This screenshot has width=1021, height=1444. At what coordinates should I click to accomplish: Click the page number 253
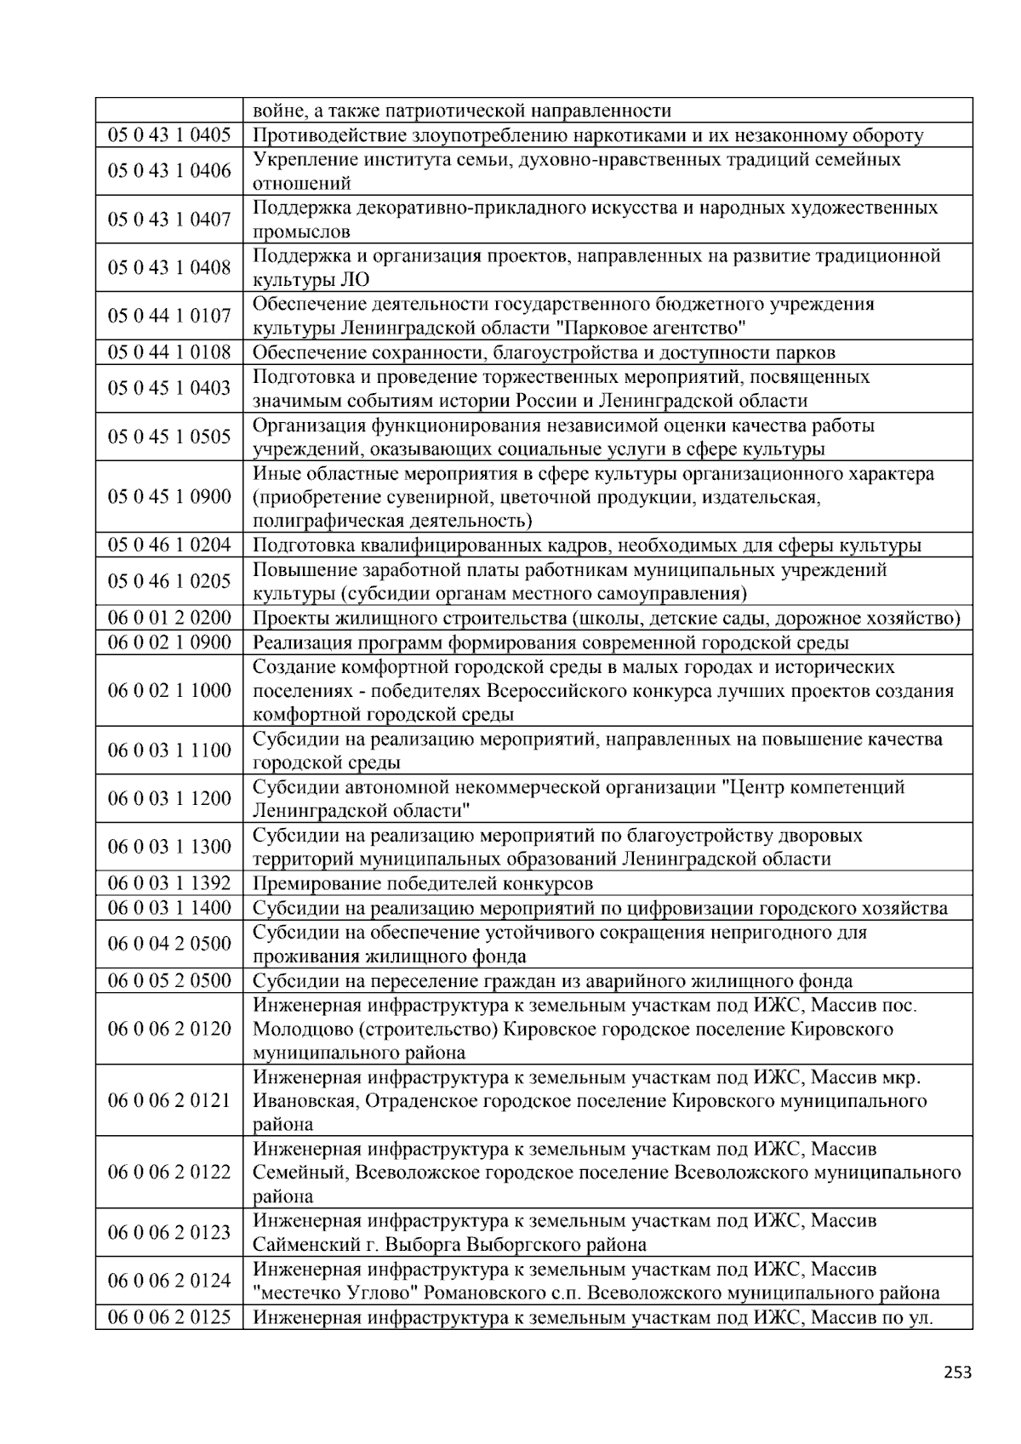957,1372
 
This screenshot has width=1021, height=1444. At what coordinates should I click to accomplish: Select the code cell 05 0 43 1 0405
169,135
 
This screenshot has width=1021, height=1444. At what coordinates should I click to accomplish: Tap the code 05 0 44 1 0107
169,317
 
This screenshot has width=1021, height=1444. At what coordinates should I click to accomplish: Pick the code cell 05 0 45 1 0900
169,497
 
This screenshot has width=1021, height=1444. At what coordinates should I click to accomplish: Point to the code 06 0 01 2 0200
169,618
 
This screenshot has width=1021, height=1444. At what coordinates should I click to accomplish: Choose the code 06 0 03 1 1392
169,883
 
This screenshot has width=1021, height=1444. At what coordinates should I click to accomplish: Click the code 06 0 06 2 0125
169,1318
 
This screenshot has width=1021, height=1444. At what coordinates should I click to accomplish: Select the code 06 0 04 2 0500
169,944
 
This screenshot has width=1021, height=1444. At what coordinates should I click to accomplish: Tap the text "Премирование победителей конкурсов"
423,883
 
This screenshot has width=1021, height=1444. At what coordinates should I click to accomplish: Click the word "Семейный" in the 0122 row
298,1173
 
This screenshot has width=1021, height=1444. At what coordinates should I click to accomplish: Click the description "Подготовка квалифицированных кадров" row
587,545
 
